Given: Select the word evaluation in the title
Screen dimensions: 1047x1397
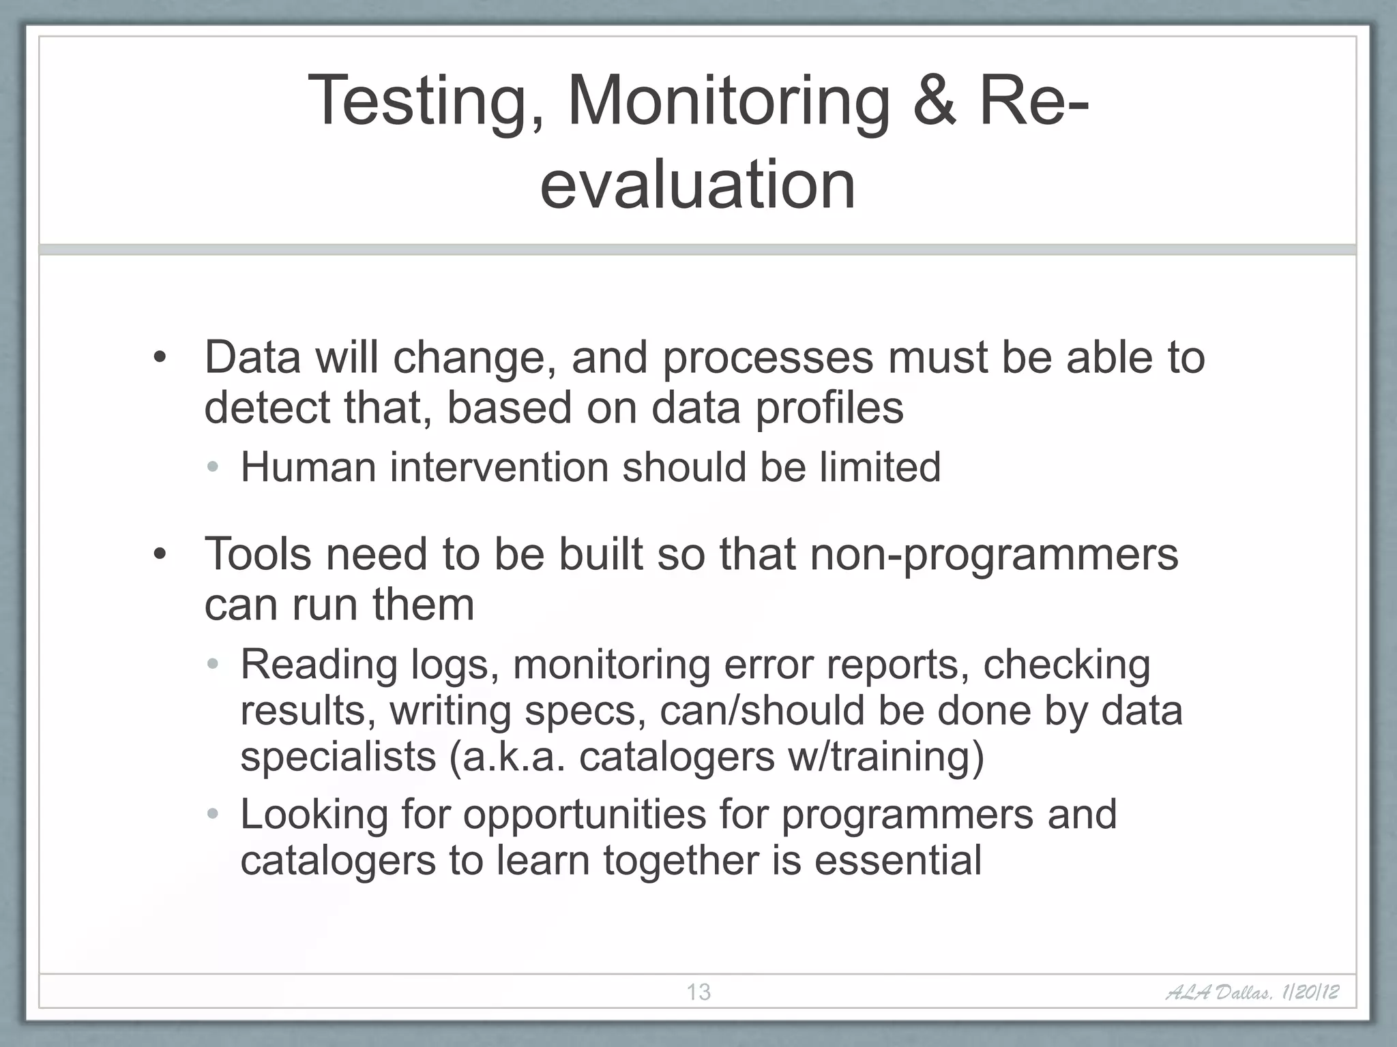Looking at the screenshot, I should pos(698,185).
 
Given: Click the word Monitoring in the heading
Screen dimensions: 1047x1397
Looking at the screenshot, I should pos(729,102).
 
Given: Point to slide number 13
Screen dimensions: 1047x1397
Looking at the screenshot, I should pos(698,992).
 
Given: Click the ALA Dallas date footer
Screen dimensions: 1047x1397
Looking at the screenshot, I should pos(1252,992).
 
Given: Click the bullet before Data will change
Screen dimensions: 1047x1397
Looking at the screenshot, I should pos(160,358).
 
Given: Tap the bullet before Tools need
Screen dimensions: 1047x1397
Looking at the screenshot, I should pos(160,554).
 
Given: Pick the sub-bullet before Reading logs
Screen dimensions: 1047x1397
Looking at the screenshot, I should pos(213,664).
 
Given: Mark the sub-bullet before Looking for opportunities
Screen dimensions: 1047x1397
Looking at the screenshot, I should pos(213,814).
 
